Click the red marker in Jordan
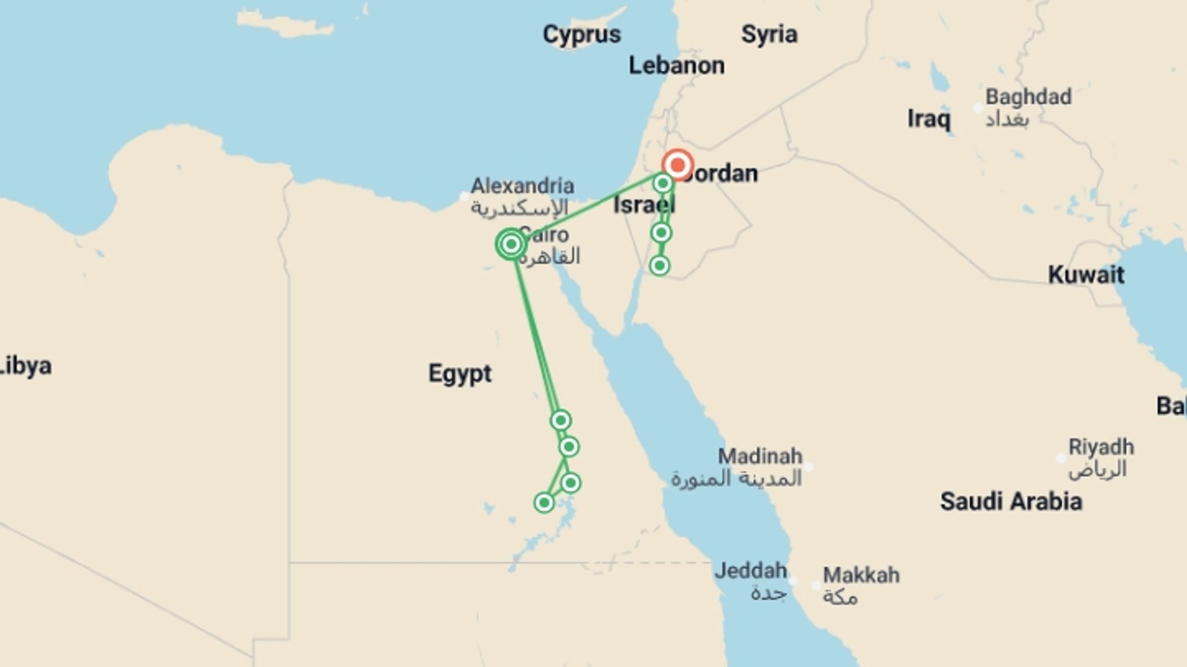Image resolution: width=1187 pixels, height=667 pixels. coord(678,165)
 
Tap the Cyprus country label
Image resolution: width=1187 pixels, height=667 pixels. coord(581,35)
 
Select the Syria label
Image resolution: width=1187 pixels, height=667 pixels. coord(769,35)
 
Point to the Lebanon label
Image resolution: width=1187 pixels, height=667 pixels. coord(676,65)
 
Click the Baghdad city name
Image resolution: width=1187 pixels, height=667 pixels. coord(1027,97)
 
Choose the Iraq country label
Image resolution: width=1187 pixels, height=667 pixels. coord(929,119)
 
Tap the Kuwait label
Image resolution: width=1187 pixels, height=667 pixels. coord(1086,275)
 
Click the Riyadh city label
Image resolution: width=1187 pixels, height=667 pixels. coord(1101,447)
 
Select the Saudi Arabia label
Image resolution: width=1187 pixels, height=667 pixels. coord(1011,501)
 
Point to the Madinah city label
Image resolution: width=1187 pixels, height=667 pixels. coord(760,457)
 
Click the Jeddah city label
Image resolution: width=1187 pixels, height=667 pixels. coord(751,571)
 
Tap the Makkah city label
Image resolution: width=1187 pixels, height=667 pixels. coord(861,576)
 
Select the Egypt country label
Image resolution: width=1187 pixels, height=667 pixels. coord(460,374)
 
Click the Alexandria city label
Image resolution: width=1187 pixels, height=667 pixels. coord(522,186)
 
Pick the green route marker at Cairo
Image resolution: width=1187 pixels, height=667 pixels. coord(511,245)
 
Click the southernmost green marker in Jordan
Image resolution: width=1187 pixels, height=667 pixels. coord(660,266)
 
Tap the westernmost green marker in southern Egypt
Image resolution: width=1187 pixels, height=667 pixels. coord(544,503)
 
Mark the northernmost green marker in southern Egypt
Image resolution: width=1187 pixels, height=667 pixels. coord(560,421)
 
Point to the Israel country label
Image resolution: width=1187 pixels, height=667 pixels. coord(643,205)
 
